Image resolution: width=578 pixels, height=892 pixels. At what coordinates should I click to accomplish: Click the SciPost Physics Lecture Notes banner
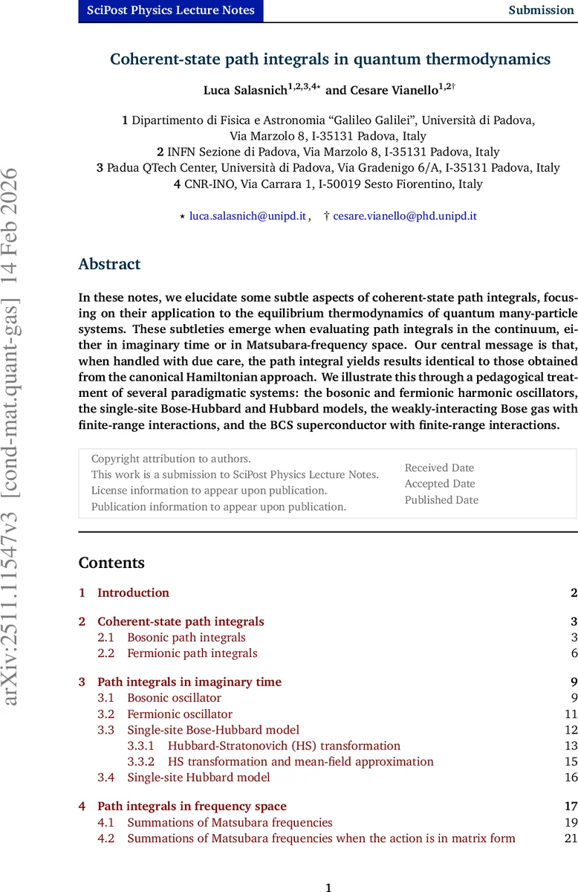pos(171,10)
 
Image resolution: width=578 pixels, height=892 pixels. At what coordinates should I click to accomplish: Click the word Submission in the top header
pos(541,10)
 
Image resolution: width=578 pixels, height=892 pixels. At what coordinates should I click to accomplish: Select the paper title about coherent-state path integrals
pos(330,59)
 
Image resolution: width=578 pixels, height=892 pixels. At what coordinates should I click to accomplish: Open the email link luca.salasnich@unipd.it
pos(247,216)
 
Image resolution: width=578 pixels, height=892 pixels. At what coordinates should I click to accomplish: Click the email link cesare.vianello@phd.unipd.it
pos(405,216)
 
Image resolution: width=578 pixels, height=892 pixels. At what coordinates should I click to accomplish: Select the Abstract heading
pos(109,265)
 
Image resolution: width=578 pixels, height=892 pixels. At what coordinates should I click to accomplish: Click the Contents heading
pos(111,563)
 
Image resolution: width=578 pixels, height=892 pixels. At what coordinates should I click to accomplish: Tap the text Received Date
pos(439,468)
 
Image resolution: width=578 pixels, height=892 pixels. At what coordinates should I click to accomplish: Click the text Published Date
pos(441,500)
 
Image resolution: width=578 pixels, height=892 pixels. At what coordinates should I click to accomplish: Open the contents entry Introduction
pos(133,592)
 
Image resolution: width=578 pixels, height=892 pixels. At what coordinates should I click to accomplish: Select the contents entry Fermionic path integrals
pos(192,653)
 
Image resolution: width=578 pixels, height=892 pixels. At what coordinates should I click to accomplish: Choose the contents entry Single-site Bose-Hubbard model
pos(213,730)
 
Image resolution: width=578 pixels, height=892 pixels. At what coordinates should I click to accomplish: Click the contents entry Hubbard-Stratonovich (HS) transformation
pos(284,746)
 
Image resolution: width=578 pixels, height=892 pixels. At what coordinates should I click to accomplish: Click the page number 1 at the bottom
pos(328,887)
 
